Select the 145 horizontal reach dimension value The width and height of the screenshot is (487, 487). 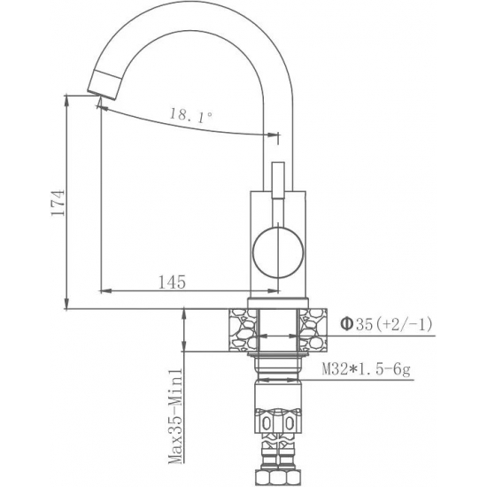pos(171,282)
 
